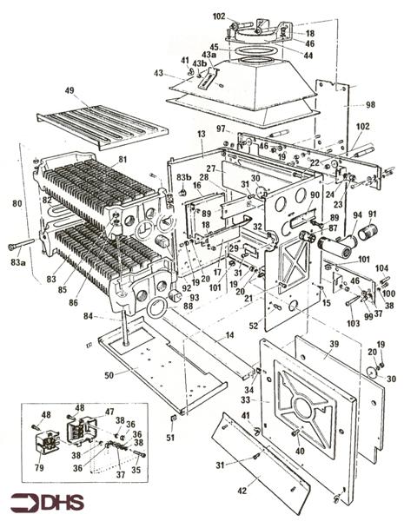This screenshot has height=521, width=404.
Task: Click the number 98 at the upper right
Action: pos(372,104)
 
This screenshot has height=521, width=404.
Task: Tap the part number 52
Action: pos(254,326)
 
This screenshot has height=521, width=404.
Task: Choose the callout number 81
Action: pos(122,158)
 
